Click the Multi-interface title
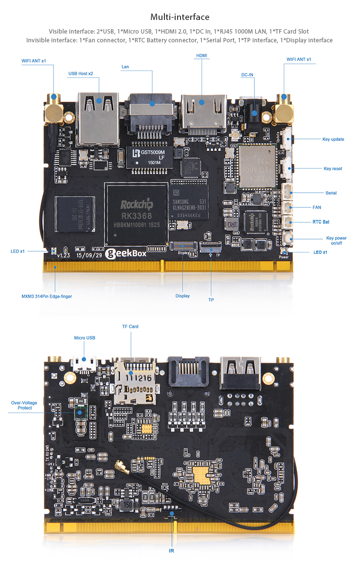click(180, 17)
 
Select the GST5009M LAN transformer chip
click(149, 156)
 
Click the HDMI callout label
click(201, 56)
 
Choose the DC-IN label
click(247, 75)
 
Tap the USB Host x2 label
click(81, 73)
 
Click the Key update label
click(333, 139)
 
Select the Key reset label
click(333, 169)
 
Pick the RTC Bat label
click(321, 222)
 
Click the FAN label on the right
click(317, 207)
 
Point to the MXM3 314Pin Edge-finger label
click(47, 296)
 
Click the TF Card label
click(130, 326)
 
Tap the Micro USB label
click(85, 338)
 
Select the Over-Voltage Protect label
click(21, 405)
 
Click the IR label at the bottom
click(171, 551)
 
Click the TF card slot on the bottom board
click(135, 382)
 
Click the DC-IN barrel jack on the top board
click(253, 113)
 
